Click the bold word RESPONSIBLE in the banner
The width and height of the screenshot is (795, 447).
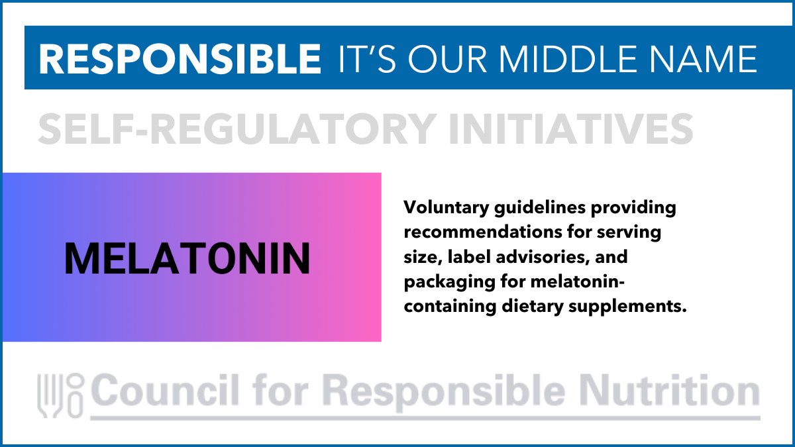point(180,59)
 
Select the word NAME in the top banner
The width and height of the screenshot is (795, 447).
point(704,59)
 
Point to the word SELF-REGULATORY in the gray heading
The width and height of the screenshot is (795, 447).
point(237,128)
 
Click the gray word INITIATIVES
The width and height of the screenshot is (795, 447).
point(571,128)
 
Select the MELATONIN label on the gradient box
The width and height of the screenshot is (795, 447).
point(187,258)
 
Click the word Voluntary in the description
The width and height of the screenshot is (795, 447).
point(446,207)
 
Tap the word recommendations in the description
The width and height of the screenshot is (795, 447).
point(483,232)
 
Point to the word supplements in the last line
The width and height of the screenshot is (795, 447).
point(627,307)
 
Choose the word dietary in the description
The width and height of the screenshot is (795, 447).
point(533,307)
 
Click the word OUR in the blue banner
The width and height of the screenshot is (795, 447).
point(447,59)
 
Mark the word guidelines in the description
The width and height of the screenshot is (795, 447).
point(540,207)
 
